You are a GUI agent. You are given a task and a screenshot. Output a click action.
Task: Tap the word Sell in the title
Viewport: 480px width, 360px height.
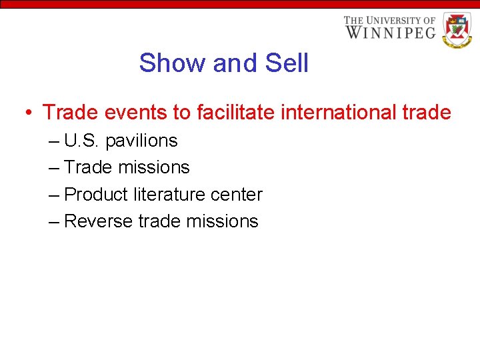coord(287,63)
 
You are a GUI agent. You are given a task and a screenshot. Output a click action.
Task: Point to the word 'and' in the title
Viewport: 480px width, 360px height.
coord(235,63)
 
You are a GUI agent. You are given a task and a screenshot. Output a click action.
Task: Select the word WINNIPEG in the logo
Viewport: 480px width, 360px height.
coord(390,31)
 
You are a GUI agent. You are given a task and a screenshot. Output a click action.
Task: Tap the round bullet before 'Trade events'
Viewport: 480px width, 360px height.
coord(29,113)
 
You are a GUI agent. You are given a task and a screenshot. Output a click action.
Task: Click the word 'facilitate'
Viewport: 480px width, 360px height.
coord(236,113)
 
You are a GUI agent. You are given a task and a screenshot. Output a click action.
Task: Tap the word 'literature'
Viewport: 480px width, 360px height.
coord(168,195)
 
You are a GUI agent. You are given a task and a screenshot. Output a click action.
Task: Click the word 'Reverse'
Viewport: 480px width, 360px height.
coord(99,221)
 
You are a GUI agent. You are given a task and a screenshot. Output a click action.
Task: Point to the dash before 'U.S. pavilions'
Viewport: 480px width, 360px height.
coord(54,141)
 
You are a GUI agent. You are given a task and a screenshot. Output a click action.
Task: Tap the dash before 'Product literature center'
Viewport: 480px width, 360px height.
coord(54,195)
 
